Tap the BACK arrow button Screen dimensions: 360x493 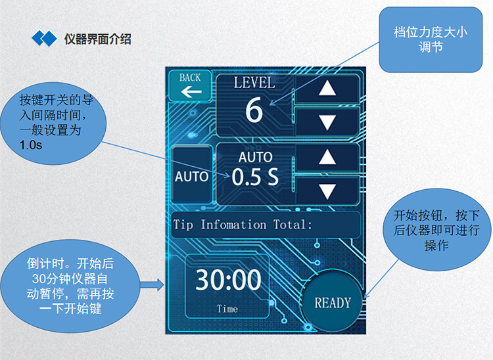190,85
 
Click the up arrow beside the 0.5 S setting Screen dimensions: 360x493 326,157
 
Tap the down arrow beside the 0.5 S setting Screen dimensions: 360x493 326,191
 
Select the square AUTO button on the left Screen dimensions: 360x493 191,176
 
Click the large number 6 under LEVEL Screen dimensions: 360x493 254,110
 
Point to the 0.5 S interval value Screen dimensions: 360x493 255,177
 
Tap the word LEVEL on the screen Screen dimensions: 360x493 254,83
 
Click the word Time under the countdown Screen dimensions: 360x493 228,308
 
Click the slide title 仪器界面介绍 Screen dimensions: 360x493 98,39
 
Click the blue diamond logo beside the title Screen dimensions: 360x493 45,39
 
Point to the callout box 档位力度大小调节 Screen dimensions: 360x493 431,39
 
